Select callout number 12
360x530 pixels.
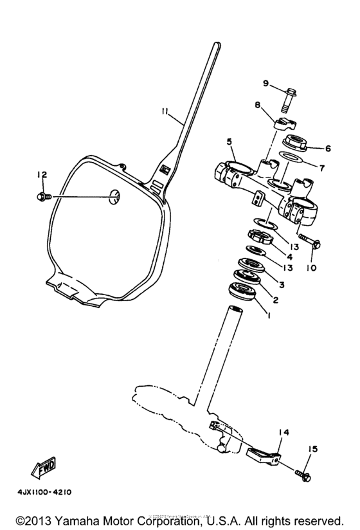coord(42,174)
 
